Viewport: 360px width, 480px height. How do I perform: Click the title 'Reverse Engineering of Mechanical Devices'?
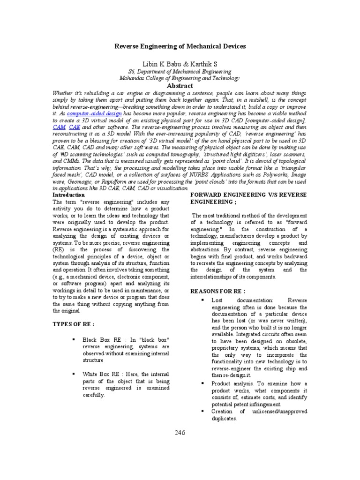(x=180, y=47)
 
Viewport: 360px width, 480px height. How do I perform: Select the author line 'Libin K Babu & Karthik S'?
(x=180, y=64)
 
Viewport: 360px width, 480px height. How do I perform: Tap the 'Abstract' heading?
(x=180, y=86)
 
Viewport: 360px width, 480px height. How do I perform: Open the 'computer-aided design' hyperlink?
(x=95, y=113)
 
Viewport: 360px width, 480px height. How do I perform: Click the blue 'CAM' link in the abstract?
(x=59, y=127)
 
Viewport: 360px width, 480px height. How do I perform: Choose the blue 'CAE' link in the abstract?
(x=74, y=127)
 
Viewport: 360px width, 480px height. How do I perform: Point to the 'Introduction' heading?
(x=68, y=195)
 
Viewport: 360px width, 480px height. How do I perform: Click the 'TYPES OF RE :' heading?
(x=74, y=324)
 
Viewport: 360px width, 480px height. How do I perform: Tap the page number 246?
(x=180, y=433)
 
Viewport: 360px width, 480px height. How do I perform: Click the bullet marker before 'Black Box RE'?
(x=74, y=339)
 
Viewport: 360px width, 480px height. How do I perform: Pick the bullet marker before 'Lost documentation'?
(x=202, y=300)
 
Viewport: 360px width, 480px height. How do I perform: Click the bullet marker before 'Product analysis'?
(x=202, y=383)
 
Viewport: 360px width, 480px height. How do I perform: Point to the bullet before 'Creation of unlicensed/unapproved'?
(x=202, y=411)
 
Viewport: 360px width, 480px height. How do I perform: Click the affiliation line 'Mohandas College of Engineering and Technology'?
(x=180, y=78)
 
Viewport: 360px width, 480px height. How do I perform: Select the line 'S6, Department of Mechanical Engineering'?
(x=180, y=72)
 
